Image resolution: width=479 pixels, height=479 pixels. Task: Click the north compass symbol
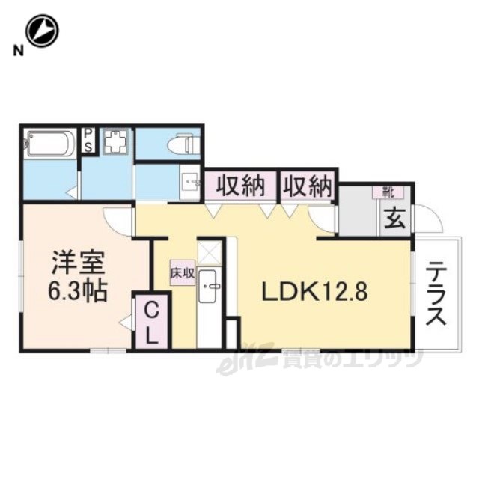tap(42, 31)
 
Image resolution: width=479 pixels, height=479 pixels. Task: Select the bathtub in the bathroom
tap(49, 143)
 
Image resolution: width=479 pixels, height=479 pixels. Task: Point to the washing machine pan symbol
tap(116, 141)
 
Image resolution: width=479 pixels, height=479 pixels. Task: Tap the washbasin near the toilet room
tap(189, 182)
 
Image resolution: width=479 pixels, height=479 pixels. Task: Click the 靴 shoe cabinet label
tap(388, 192)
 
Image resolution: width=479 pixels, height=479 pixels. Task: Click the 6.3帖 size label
tap(79, 290)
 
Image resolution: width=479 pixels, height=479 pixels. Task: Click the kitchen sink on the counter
tap(210, 289)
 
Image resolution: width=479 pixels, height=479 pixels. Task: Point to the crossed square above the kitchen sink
tap(210, 251)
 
